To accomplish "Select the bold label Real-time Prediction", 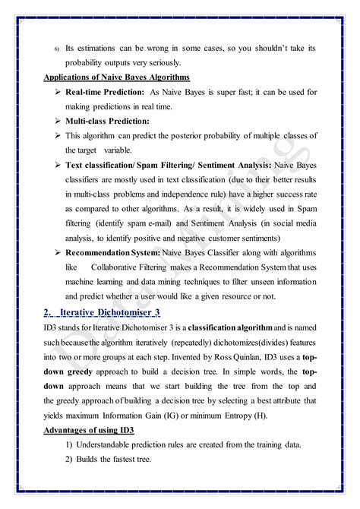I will pos(104,93).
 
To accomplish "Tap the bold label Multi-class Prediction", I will pos(107,121).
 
